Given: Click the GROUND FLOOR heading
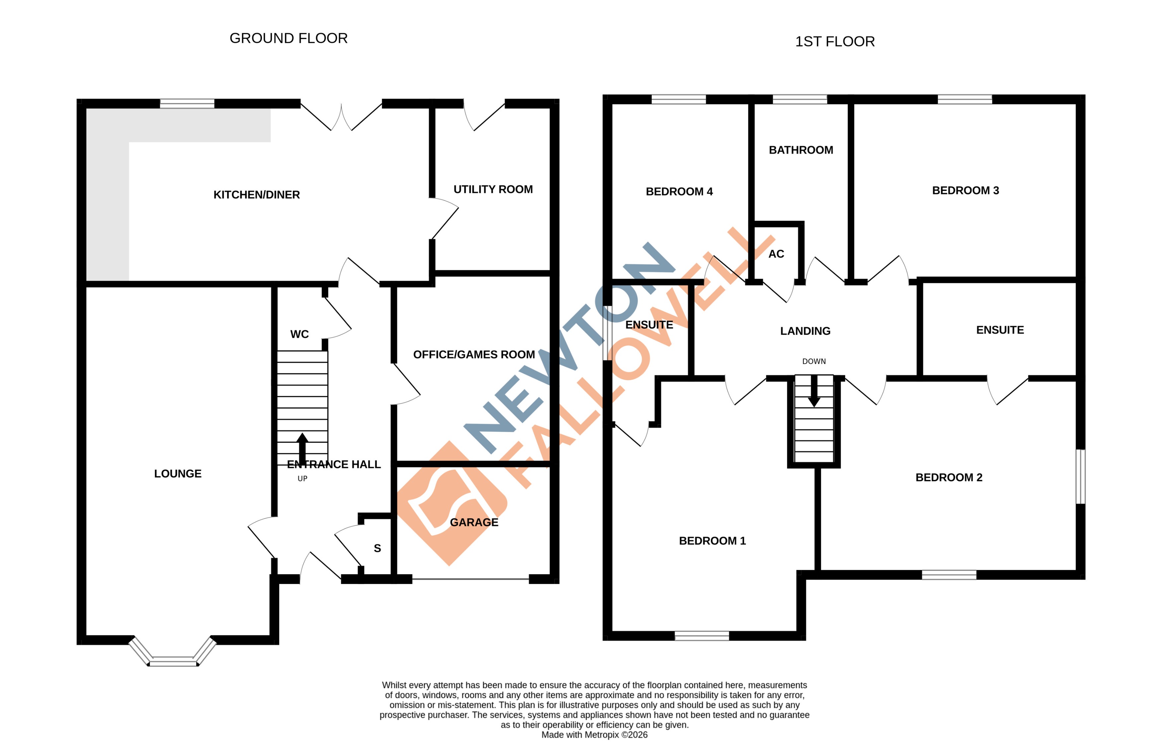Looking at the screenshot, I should [288, 38].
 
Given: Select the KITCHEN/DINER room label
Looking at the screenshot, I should [256, 195].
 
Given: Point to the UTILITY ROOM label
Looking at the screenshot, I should [493, 189].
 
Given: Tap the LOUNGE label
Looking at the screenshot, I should [178, 474].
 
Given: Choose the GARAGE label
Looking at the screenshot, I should [474, 522].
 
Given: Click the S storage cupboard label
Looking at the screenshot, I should [377, 548].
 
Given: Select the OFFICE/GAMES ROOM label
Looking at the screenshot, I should [474, 354].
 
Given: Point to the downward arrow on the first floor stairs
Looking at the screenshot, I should [814, 391].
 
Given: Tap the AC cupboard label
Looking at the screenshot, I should [776, 254].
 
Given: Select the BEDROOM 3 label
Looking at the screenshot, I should [965, 190].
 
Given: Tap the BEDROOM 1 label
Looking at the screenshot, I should [712, 541].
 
